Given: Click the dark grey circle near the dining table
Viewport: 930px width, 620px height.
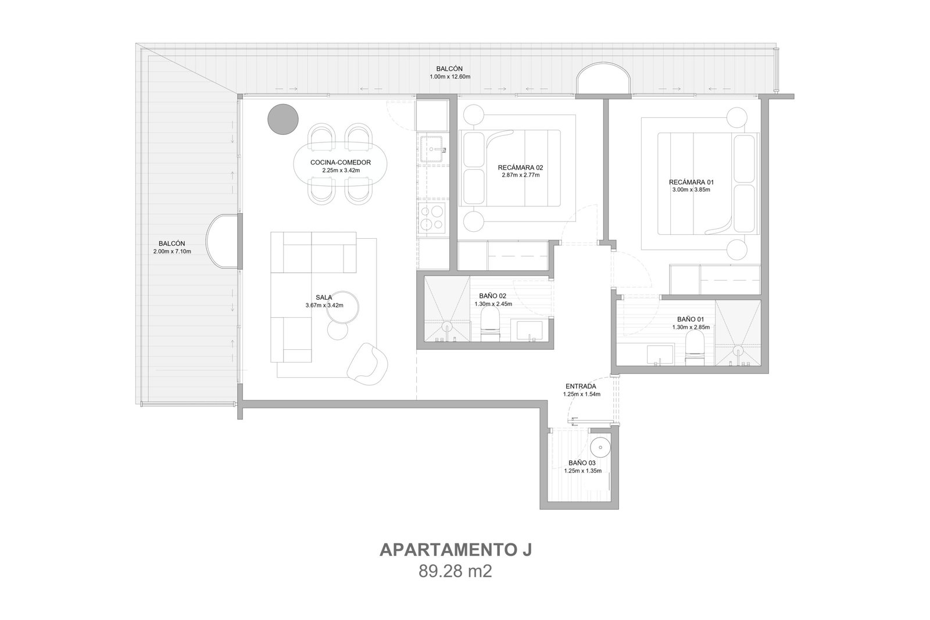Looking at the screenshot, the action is point(282,119).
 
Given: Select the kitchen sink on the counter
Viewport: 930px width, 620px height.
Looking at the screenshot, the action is point(433,149).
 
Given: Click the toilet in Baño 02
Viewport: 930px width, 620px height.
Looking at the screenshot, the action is point(490,326).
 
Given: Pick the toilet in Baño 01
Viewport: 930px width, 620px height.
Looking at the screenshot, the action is point(695,350).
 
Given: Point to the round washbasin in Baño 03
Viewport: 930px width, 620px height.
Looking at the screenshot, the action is point(600,447).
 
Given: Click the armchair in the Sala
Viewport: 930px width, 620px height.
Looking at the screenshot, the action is point(367,364).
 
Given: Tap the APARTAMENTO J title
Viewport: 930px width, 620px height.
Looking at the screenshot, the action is point(456,550).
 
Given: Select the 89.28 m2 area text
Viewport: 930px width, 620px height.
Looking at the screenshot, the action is point(455,571).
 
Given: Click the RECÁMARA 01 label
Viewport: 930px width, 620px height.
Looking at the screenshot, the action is point(691,182).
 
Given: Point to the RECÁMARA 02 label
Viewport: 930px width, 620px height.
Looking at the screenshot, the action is point(520,168).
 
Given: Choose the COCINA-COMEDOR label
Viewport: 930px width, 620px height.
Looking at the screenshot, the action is point(341,163).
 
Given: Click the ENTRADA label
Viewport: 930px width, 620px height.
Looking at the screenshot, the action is point(581,386).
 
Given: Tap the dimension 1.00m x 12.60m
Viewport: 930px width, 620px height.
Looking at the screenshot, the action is point(450,77).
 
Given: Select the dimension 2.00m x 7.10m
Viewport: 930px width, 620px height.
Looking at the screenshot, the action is point(172,252).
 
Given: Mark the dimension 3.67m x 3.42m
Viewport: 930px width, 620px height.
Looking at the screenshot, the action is point(324,306).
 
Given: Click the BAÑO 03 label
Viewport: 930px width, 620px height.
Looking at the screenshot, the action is point(582,463).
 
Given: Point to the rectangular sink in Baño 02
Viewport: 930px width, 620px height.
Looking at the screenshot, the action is point(530,331).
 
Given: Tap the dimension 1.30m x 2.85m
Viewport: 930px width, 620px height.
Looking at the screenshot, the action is point(691,327).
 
